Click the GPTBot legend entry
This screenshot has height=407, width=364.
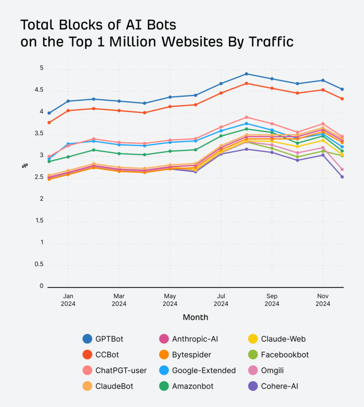[x=109, y=339]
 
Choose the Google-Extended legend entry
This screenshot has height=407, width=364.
[x=204, y=370]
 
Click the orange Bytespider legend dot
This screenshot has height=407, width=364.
[x=164, y=354]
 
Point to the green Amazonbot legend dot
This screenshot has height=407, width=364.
[x=164, y=386]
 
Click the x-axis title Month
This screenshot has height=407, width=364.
[x=195, y=317]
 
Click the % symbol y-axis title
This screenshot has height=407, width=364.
[x=24, y=166]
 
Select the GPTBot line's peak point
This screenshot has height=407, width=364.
[x=246, y=74]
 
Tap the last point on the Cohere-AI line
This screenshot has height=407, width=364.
[x=342, y=177]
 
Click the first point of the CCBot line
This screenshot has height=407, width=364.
[x=49, y=123]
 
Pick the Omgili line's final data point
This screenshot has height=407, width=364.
[x=342, y=169]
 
